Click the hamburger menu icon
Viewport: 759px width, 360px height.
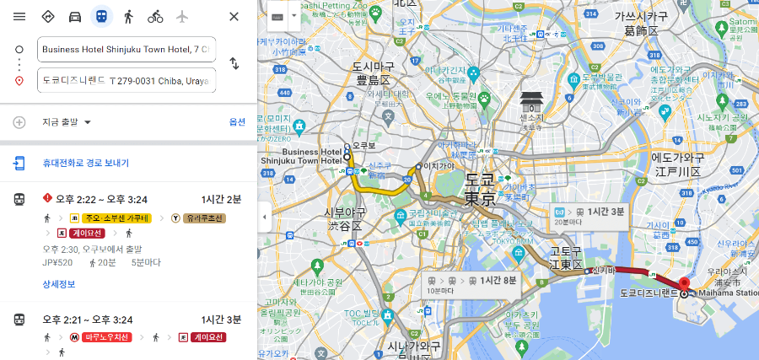point(19,17)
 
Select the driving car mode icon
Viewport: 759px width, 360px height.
point(75,17)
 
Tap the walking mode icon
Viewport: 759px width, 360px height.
point(128,17)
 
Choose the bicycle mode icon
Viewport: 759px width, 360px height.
point(155,17)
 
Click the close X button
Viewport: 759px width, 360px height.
point(234,17)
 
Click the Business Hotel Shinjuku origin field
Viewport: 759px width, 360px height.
point(126,50)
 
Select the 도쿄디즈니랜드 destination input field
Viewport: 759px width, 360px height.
point(126,80)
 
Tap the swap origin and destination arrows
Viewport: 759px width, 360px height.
point(234,64)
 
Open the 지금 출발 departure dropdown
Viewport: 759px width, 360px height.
point(67,122)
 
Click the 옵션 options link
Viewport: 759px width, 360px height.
point(237,122)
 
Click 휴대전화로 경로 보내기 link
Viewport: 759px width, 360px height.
point(85,163)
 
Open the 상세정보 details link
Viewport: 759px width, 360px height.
point(59,284)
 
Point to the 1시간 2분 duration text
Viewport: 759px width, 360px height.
point(221,199)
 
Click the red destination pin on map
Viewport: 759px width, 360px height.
point(684,283)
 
